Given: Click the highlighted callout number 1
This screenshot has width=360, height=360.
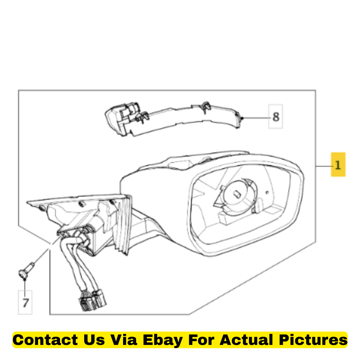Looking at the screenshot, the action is coord(338,165).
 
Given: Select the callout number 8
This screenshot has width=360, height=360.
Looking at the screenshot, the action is coord(276,117).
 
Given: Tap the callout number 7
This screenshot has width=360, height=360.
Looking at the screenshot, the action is coord(25,303).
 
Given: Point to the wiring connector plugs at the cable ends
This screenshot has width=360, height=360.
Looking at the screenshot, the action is coord(93,300).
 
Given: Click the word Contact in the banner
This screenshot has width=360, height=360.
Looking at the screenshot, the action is coord(45,340).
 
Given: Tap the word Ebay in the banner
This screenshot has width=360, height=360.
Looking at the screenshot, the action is coord(163,340).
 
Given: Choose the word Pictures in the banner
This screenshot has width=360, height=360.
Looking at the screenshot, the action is coord(313,340).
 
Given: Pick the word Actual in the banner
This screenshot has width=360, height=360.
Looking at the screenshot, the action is coord(247,340).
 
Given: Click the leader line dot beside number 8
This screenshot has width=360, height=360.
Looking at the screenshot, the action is coord(241,118).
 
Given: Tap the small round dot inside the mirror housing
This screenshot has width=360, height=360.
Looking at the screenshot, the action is coord(267,192).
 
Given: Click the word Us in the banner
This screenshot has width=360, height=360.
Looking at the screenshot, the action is coord(94,340).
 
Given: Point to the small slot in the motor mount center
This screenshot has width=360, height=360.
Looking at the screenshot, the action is coord(237,194).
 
